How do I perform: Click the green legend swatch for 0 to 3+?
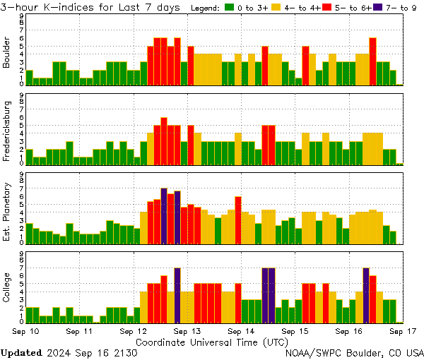click(x=230, y=8)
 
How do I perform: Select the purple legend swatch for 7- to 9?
click(x=378, y=8)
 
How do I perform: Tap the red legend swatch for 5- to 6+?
click(x=329, y=8)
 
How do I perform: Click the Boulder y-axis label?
click(x=7, y=53)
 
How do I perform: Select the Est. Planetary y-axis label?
click(x=7, y=212)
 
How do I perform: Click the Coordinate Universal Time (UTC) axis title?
click(x=212, y=342)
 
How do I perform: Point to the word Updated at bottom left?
click(x=23, y=352)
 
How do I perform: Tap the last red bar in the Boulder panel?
click(x=372, y=61)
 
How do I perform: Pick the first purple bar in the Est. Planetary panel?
click(x=164, y=215)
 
